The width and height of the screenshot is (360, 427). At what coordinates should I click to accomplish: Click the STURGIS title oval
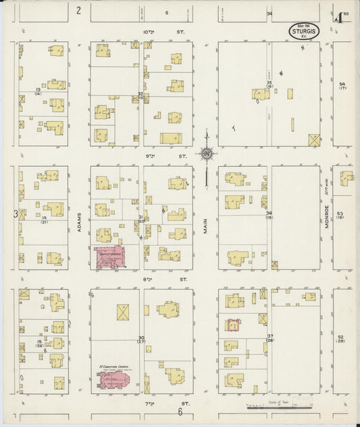click(304, 30)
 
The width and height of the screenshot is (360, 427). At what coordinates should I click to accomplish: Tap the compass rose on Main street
click(206, 154)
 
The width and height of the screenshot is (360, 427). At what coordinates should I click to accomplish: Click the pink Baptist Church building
click(110, 257)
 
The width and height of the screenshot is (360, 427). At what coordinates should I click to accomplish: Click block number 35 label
click(269, 84)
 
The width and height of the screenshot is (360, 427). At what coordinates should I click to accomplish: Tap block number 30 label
click(141, 338)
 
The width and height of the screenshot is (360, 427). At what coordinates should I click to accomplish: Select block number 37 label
click(269, 336)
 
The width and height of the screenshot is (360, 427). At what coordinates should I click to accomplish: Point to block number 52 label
click(341, 337)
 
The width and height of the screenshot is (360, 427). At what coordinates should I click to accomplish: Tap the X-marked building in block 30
click(123, 312)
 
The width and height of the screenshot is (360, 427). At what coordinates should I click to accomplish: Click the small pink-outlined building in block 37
click(233, 326)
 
